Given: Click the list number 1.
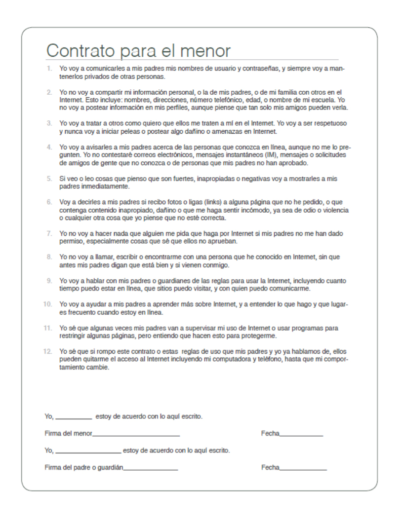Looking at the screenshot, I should (x=49, y=69).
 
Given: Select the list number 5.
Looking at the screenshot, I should (x=49, y=180).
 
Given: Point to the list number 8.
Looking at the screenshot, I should (x=49, y=257).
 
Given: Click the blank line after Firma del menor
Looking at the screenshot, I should (x=136, y=435).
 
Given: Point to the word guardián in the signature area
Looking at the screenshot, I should (x=110, y=467).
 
